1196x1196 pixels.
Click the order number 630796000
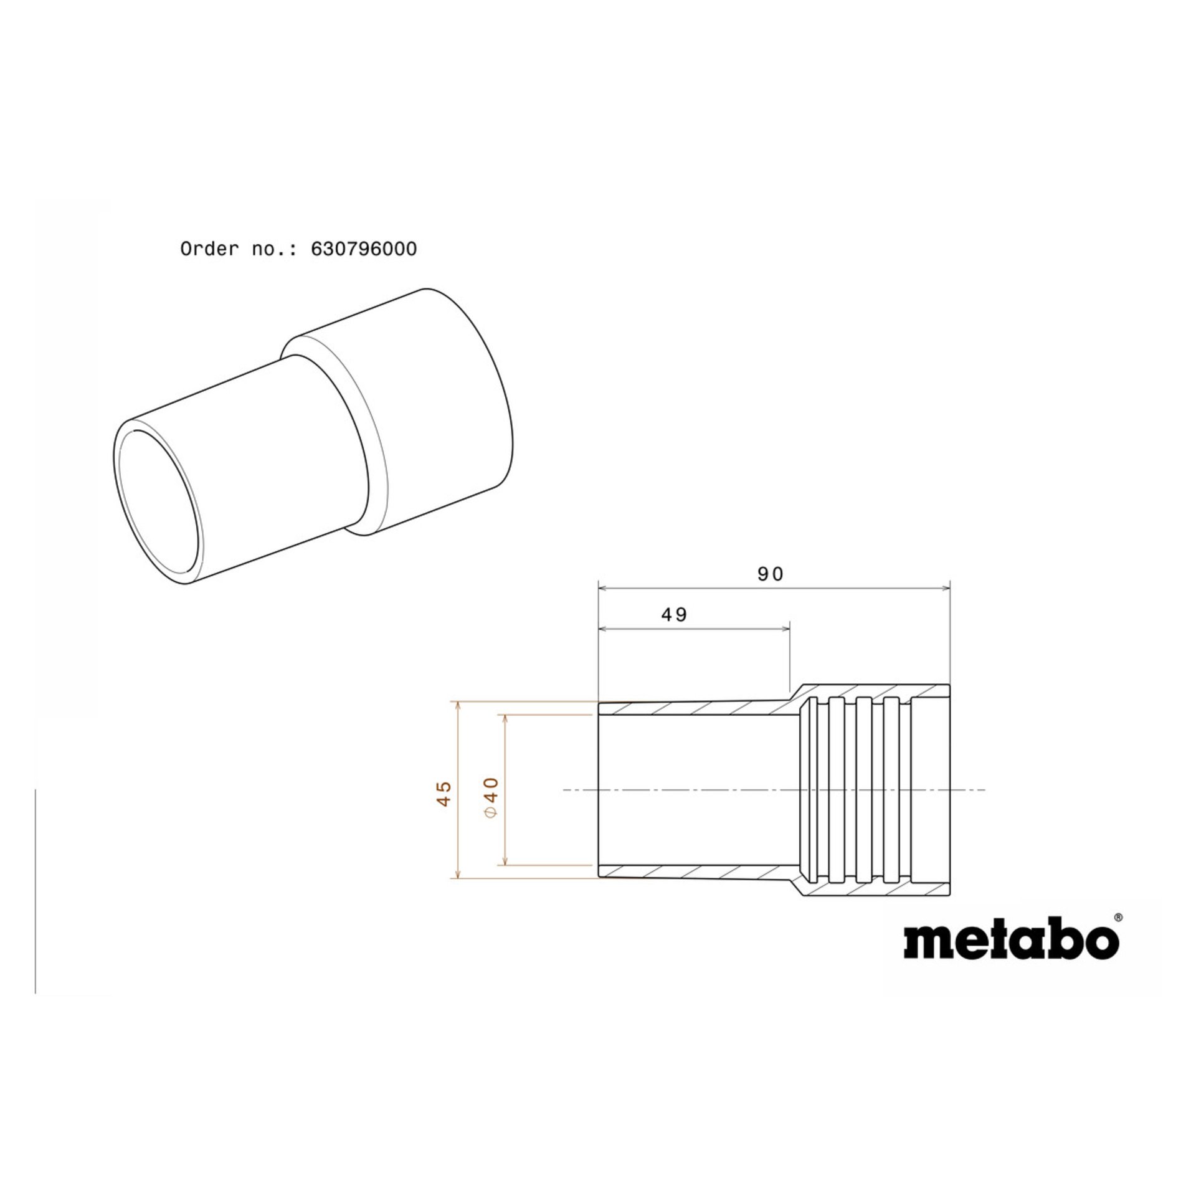coord(364,249)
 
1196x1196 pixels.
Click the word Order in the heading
coord(209,249)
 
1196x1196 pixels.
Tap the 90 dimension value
coord(771,574)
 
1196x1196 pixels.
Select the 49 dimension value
coord(674,615)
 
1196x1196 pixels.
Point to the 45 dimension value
coord(444,794)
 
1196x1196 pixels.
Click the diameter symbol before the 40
coord(491,812)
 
